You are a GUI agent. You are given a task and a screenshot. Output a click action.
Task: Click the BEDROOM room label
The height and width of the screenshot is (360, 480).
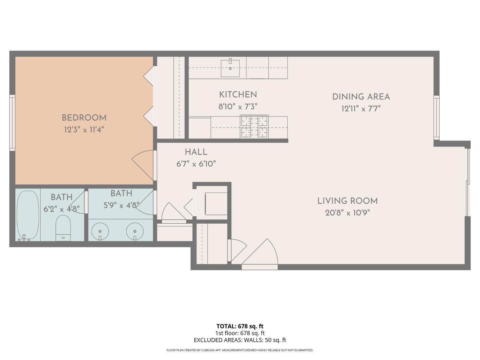pyautogui.click(x=84, y=118)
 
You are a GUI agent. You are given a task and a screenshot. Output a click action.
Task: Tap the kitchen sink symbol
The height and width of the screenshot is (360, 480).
pyautogui.click(x=230, y=68)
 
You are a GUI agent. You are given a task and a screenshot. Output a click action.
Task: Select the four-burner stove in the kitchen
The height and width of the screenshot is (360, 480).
pyautogui.click(x=254, y=127)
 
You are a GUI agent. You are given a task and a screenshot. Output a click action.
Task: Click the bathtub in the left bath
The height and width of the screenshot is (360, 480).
pyautogui.click(x=28, y=214)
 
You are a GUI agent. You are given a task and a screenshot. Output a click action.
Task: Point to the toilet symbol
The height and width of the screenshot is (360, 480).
pyautogui.click(x=63, y=227)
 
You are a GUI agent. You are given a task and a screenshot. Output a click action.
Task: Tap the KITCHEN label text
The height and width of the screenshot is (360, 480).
pyautogui.click(x=238, y=95)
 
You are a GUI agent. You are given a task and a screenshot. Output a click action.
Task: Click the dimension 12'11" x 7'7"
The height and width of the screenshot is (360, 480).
pyautogui.click(x=361, y=109)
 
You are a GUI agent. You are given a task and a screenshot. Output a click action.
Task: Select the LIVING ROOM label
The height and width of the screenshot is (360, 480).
pyautogui.click(x=348, y=201)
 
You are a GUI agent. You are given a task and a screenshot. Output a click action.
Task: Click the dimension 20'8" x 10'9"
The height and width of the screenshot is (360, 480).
pyautogui.click(x=348, y=213)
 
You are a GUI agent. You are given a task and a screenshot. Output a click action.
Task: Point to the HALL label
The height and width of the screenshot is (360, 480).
pyautogui.click(x=196, y=152)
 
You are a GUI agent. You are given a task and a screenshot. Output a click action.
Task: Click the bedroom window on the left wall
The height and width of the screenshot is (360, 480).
pyautogui.click(x=12, y=123)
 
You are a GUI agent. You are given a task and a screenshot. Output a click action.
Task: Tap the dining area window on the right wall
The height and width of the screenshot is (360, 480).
pyautogui.click(x=436, y=117)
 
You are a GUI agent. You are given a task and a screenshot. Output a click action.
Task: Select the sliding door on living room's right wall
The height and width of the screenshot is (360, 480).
pyautogui.click(x=468, y=182)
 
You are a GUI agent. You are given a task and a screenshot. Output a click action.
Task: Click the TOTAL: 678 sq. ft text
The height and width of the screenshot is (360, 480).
pyautogui.click(x=240, y=326)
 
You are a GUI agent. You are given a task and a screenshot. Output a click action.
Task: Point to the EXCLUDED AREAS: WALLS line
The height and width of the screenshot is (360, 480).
pyautogui.click(x=240, y=340)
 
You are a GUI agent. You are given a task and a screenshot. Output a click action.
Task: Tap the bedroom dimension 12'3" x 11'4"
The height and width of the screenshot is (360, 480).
pyautogui.click(x=84, y=130)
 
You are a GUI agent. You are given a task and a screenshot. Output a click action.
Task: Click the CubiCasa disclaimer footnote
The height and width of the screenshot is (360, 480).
pyautogui.click(x=240, y=350)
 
